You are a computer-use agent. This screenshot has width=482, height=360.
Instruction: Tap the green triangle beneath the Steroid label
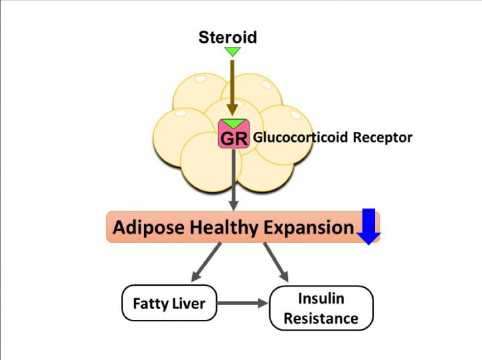click(x=232, y=52)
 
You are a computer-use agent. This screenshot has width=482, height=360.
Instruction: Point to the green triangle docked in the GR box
click(x=234, y=124)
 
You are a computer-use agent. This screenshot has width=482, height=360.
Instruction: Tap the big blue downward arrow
click(x=368, y=227)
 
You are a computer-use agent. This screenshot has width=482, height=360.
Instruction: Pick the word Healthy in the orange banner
click(x=216, y=228)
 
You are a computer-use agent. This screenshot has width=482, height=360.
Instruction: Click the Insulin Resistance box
click(x=321, y=308)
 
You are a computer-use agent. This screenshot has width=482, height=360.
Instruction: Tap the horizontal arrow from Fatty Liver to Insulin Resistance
click(x=242, y=304)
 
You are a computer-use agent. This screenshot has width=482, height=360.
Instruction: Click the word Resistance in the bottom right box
click(x=321, y=319)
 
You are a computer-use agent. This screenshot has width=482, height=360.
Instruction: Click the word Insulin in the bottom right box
click(x=321, y=298)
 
